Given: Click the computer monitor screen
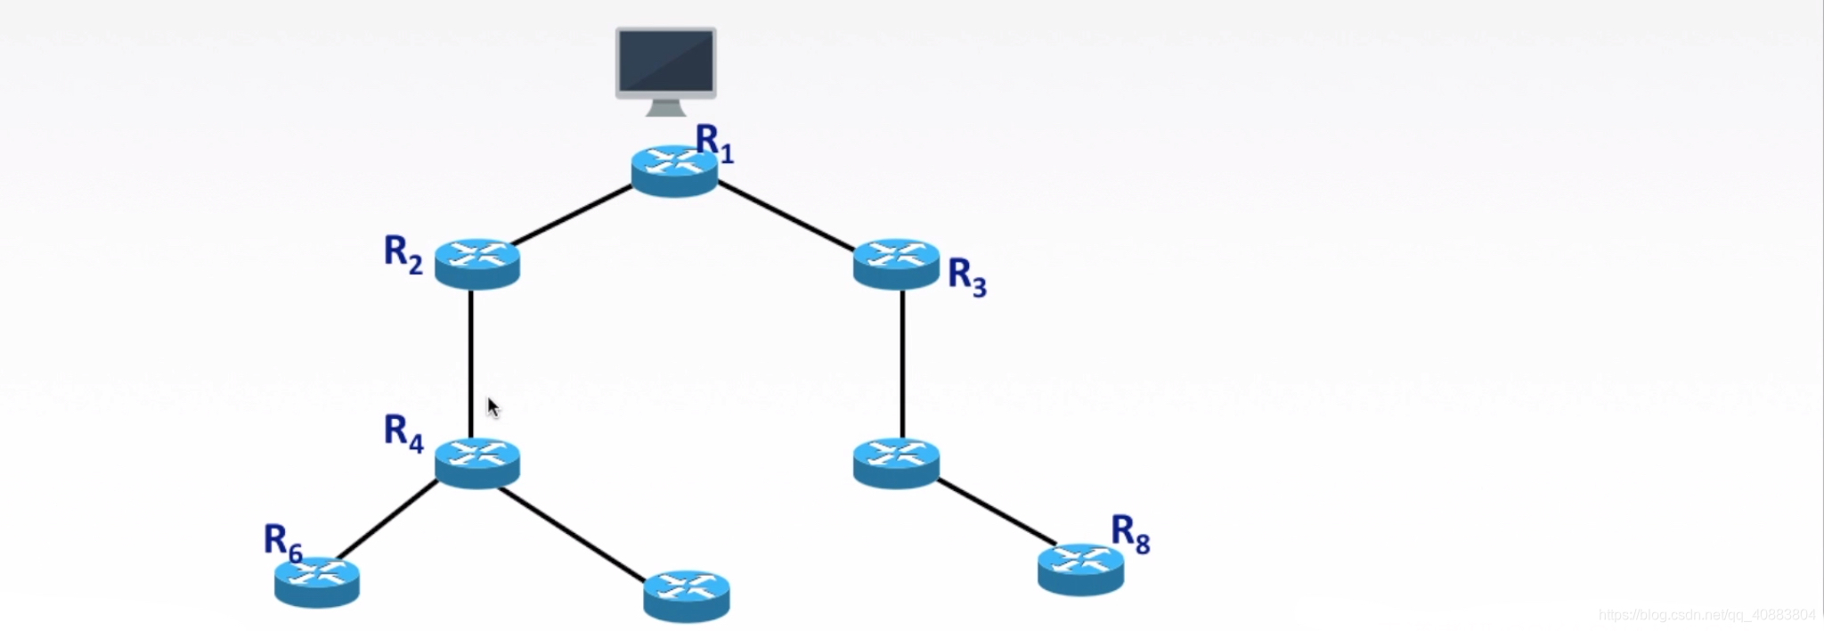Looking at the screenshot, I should (x=665, y=60).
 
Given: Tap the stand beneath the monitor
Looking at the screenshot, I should (x=665, y=108).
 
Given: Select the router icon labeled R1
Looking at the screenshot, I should (x=674, y=169).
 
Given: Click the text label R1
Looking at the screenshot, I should (x=714, y=143).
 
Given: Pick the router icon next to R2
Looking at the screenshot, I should (x=477, y=263).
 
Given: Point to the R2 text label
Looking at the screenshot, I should (x=403, y=253).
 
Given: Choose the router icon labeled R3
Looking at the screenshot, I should (x=896, y=263).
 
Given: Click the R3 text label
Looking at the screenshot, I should (x=967, y=276).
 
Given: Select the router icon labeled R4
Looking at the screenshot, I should (x=477, y=463).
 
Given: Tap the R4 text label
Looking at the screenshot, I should (x=403, y=433).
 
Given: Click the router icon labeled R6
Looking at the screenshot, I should (x=317, y=582).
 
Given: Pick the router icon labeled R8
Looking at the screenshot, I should (x=1080, y=569).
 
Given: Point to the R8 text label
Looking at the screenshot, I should (x=1130, y=534).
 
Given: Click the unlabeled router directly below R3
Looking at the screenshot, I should (x=896, y=463).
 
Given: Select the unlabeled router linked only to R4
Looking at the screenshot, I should (x=687, y=595).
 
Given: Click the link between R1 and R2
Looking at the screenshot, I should (x=572, y=215).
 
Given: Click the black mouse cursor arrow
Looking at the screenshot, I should (x=493, y=407).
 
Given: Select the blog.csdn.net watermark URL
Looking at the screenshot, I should (x=1706, y=615).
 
